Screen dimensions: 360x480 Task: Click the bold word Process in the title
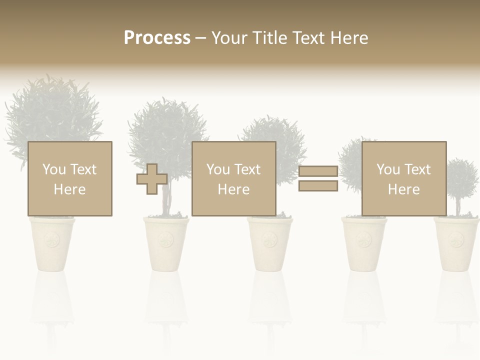click(157, 38)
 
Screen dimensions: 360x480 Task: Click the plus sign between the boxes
click(152, 179)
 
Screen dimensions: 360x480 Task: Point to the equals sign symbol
click(318, 179)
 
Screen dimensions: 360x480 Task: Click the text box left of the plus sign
click(69, 178)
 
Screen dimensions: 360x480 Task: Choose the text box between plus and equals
click(233, 178)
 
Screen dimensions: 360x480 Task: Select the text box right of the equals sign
click(403, 178)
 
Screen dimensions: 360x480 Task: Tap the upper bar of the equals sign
click(318, 171)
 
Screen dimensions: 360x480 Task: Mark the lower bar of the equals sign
click(318, 186)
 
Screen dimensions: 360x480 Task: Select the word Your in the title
click(231, 38)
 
